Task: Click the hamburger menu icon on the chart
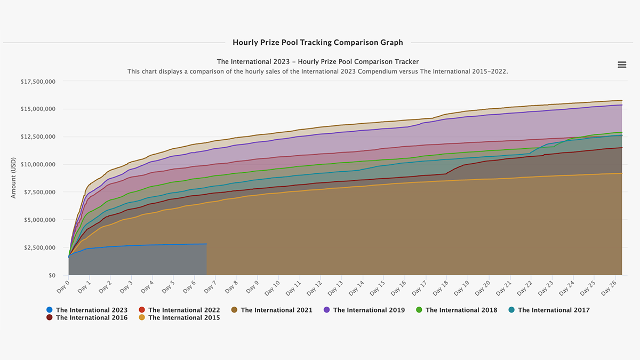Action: (622, 65)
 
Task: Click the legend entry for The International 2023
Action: (91, 310)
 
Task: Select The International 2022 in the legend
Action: (184, 310)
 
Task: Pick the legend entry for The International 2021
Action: (276, 310)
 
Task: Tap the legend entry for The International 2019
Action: (369, 310)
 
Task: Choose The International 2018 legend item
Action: (461, 310)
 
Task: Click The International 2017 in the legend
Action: (554, 310)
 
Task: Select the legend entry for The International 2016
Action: (91, 318)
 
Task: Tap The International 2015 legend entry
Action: (184, 318)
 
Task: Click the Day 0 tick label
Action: (63, 287)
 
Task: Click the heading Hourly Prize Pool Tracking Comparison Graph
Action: (318, 42)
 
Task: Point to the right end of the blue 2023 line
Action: (206, 244)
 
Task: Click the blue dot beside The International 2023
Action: (50, 310)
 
